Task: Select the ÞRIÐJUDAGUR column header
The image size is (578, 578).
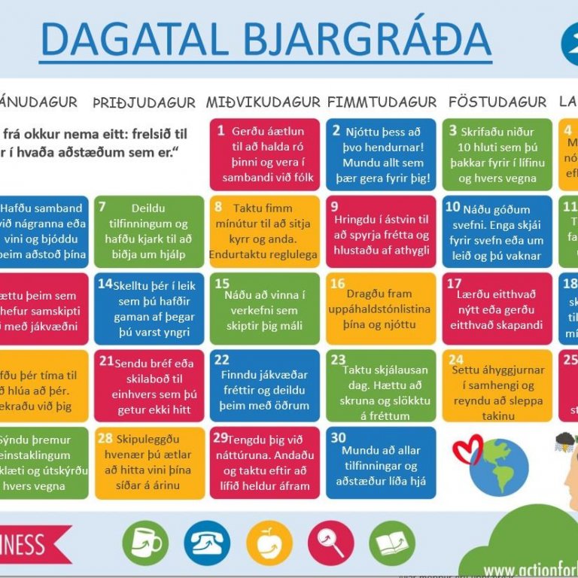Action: tap(144, 102)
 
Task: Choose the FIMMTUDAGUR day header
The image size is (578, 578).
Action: tap(382, 102)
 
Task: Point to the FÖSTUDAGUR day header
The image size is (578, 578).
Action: tap(497, 102)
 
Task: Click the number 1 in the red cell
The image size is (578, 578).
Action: tap(221, 131)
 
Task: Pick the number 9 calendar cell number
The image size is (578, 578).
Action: tap(335, 207)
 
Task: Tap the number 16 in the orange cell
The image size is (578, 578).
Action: tap(338, 284)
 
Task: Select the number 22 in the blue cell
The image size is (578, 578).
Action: tap(222, 360)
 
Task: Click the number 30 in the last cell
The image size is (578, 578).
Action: tap(339, 437)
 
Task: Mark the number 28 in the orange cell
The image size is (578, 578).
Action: tap(105, 438)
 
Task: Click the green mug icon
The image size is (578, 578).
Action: tap(145, 543)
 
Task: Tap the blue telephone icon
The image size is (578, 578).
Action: tap(207, 543)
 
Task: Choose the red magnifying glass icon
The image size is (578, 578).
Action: tap(330, 543)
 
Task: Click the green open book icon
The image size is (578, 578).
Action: tap(392, 543)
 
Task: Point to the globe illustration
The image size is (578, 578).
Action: tap(498, 466)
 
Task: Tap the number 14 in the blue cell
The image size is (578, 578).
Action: tap(105, 284)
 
